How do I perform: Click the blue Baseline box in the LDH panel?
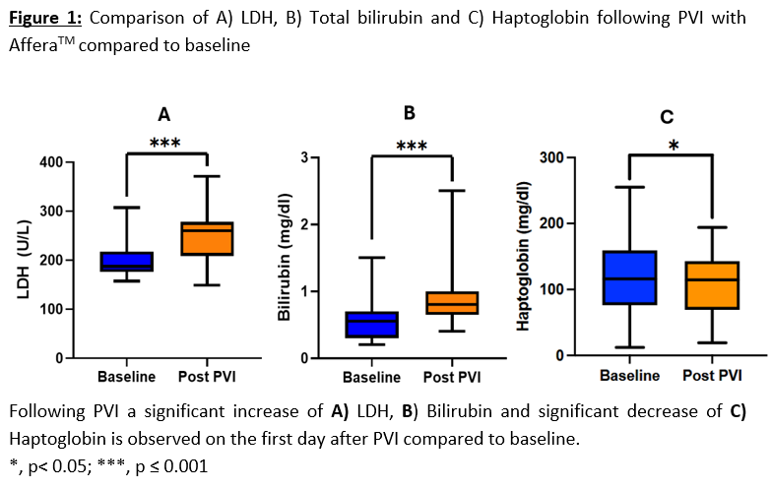(x=128, y=261)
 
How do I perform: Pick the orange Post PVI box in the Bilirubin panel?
(x=451, y=302)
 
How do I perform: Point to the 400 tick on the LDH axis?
(x=63, y=162)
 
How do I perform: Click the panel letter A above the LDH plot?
(x=164, y=114)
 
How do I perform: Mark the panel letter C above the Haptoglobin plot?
(x=667, y=118)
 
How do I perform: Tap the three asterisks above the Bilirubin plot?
(x=412, y=147)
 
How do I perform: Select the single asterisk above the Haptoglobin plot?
(x=673, y=146)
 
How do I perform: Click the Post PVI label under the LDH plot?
(x=206, y=377)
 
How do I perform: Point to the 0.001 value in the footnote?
(x=187, y=465)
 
